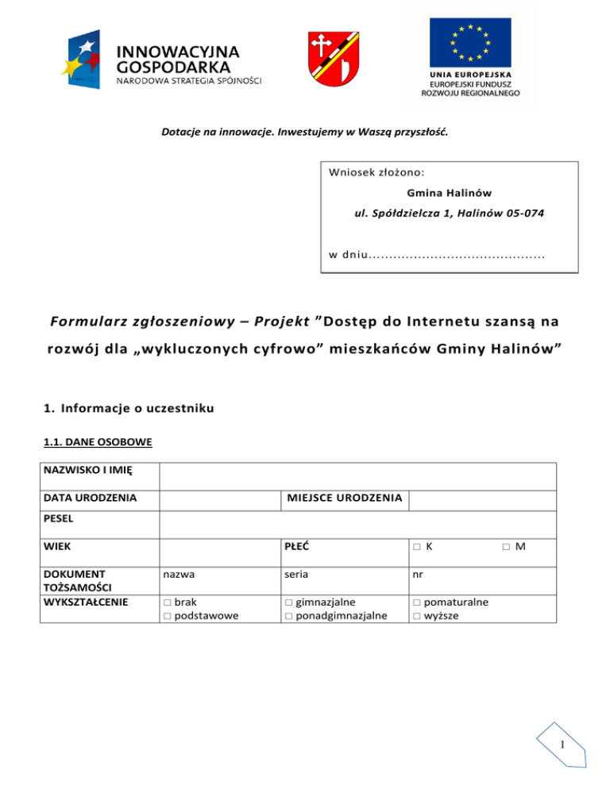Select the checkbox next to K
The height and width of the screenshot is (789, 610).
pyautogui.click(x=416, y=547)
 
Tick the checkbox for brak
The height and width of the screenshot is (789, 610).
pyautogui.click(x=166, y=602)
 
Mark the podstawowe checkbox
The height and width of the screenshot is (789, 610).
pyautogui.click(x=166, y=615)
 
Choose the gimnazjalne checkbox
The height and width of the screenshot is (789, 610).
pyautogui.click(x=288, y=602)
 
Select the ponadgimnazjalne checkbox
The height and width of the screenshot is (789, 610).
pyautogui.click(x=288, y=615)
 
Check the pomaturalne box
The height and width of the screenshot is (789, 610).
pyautogui.click(x=416, y=602)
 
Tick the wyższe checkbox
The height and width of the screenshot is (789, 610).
pyautogui.click(x=416, y=615)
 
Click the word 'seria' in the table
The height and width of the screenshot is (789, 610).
pyautogui.click(x=295, y=572)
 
